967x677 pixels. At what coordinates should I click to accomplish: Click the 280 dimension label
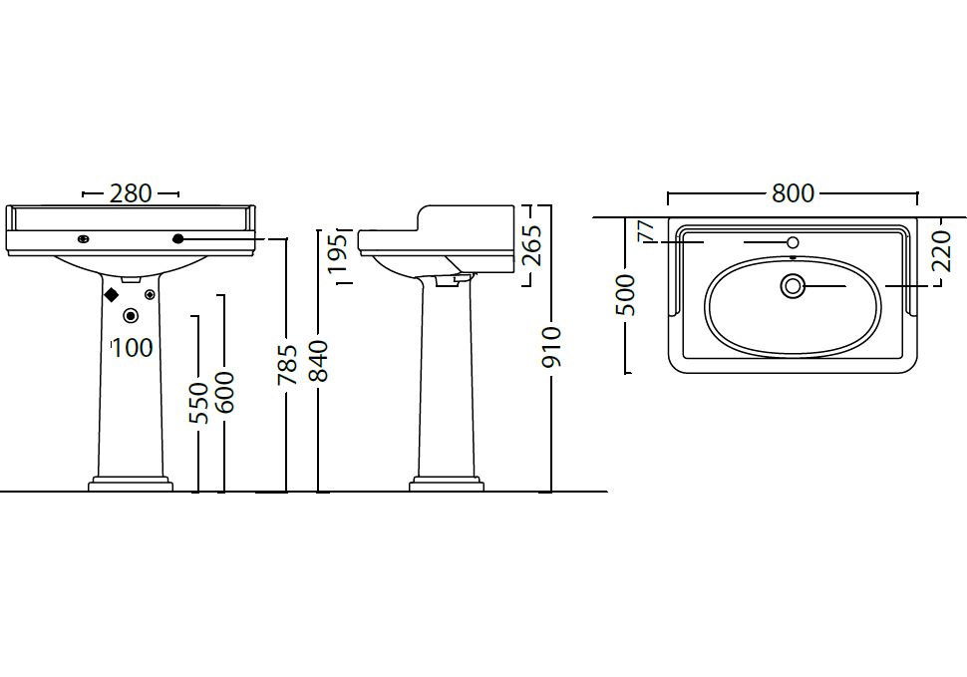pos(131,193)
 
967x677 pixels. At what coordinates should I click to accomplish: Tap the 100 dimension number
pos(133,348)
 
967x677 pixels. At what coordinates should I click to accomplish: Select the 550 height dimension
pos(198,403)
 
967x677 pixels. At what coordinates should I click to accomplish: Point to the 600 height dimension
pos(225,392)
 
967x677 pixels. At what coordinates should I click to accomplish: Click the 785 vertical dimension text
pos(287,365)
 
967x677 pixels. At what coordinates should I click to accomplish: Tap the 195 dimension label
pos(337,254)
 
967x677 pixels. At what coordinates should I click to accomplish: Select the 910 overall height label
pos(550,347)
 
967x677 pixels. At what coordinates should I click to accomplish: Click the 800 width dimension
pos(794,193)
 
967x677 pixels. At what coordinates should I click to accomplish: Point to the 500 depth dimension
pos(625,295)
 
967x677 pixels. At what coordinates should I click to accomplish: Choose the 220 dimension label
pos(942,251)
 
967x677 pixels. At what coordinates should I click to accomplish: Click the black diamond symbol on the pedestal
pos(111,295)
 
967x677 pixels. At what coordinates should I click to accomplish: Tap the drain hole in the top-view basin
pos(794,286)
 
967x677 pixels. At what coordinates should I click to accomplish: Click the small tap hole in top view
pos(794,242)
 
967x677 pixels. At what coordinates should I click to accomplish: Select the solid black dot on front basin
pos(178,238)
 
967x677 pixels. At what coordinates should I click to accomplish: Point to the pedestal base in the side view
pos(447,484)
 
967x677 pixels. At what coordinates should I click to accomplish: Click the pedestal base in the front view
pos(131,484)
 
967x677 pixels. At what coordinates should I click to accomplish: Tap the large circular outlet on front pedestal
pos(131,316)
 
